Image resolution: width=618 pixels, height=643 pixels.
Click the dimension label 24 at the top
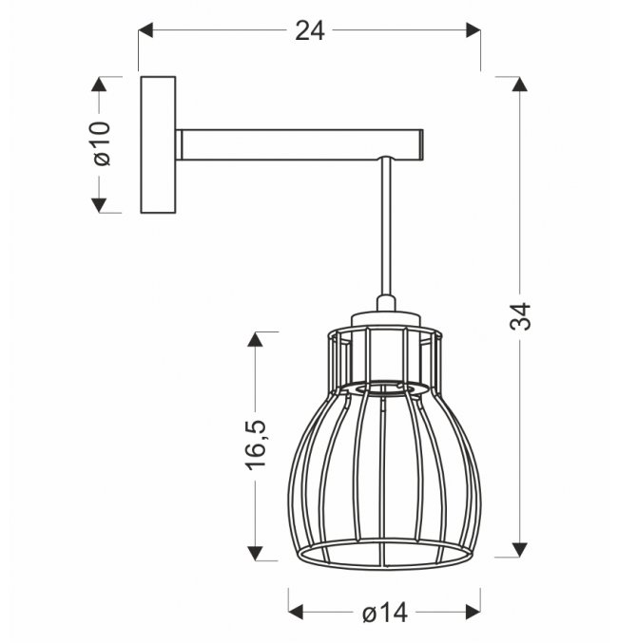pyautogui.click(x=310, y=30)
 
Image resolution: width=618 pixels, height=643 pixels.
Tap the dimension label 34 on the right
pyautogui.click(x=520, y=316)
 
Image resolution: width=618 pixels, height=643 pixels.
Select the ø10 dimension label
pyautogui.click(x=102, y=143)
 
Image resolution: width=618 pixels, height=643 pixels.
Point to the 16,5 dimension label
pyautogui.click(x=257, y=444)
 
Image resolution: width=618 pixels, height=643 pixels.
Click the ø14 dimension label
pyautogui.click(x=385, y=613)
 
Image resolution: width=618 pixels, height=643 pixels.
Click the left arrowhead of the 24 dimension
pyautogui.click(x=145, y=30)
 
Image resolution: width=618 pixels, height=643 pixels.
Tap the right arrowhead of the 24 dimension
pyautogui.click(x=473, y=30)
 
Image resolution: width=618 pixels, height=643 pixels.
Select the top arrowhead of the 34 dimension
pyautogui.click(x=519, y=84)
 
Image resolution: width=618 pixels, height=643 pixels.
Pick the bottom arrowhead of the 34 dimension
pyautogui.click(x=519, y=550)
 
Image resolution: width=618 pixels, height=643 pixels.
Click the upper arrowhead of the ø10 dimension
pyautogui.click(x=99, y=84)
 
